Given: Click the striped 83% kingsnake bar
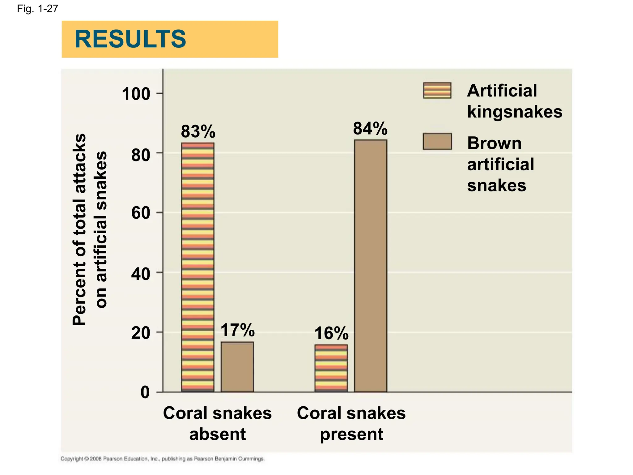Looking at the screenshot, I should pos(198,267).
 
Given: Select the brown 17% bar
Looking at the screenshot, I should pos(237,367).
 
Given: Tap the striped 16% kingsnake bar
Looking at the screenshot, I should pos(331,368).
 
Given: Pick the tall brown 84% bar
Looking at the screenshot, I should pos(371,266).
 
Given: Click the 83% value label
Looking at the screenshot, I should pos(198,131).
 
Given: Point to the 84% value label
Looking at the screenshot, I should pos(370,128).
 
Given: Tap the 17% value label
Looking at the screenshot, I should pos(237,330).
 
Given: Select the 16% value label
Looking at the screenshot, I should pos(331,333).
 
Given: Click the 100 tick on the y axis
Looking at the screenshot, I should pos(136,94).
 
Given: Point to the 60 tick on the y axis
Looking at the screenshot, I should pos(141,213).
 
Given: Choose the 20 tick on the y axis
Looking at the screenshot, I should pos(141,333).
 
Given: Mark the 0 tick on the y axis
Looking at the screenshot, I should pos(145,392).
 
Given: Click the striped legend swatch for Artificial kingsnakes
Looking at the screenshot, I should pos(437,90).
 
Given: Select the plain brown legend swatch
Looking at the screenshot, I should pos(437,142).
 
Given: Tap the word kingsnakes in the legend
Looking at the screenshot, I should pos(514,112).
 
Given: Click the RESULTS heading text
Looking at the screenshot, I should pos(130,39).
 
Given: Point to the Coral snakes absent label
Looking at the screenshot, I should pos(217,423).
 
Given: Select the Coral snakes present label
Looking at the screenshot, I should pos(351,423).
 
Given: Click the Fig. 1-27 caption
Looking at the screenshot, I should pos(37,9).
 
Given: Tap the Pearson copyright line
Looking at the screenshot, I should pos(163,459).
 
